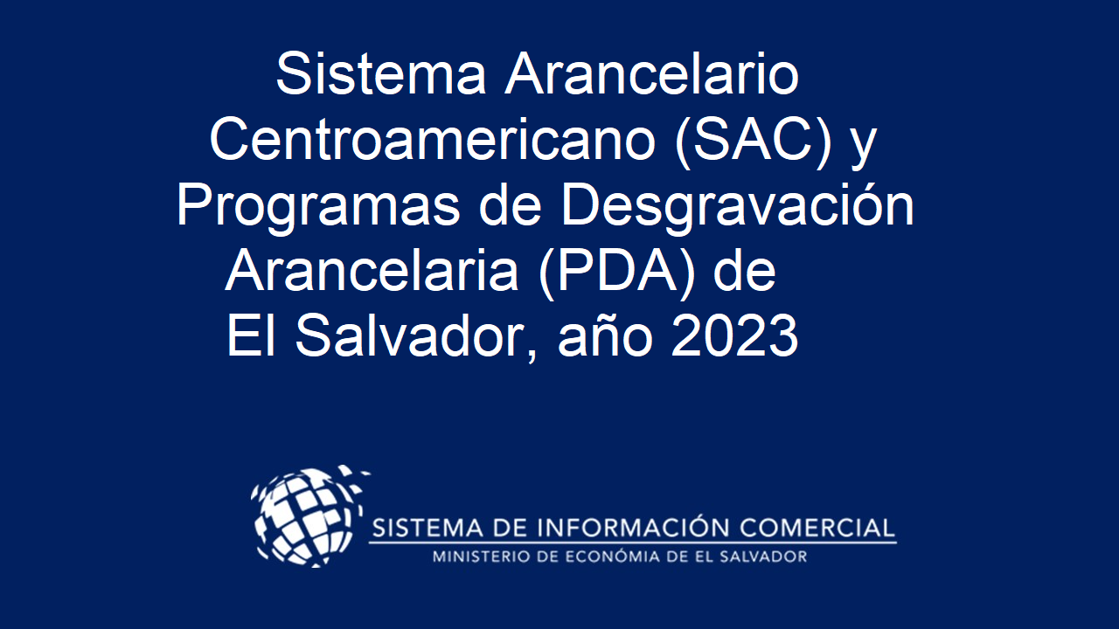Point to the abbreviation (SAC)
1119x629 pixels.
click(x=754, y=142)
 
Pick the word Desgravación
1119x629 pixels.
click(x=738, y=206)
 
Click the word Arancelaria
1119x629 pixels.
click(x=372, y=271)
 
